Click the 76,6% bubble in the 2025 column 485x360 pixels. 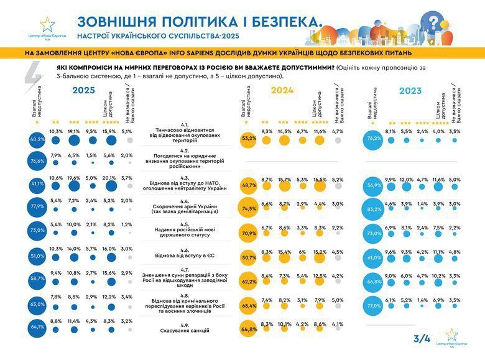(37, 161)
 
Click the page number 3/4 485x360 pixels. (422, 339)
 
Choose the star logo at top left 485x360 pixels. (47, 24)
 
